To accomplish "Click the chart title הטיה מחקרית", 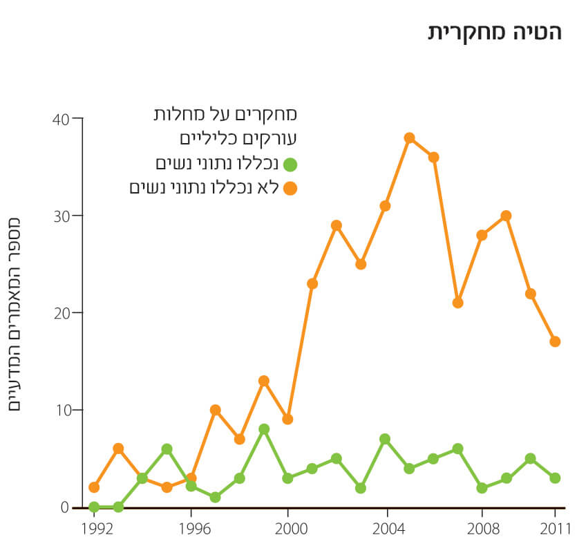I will click(495, 32).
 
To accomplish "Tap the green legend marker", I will click(290, 164).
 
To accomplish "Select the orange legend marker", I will click(290, 188).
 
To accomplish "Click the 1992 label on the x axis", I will click(94, 529).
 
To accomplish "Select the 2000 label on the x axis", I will click(288, 529).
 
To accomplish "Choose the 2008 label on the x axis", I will click(482, 529).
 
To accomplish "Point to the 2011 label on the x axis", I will click(554, 529).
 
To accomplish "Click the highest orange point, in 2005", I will click(409, 138).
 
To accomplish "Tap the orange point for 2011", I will click(554, 341).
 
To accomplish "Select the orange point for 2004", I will click(385, 205).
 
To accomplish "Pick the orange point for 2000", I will click(288, 419).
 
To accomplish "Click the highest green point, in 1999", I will click(263, 429).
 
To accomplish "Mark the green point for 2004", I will click(385, 439).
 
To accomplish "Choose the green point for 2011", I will click(554, 478).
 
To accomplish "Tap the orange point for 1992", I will click(94, 487).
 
